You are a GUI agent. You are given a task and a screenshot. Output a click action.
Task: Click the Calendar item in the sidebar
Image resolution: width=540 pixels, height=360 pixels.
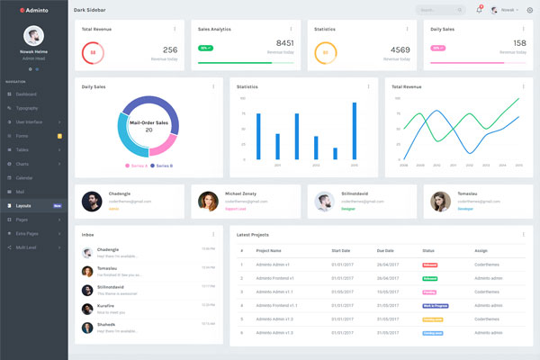pyautogui.click(x=24, y=178)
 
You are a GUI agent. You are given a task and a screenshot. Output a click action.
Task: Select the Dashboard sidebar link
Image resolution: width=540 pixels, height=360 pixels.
pyautogui.click(x=26, y=94)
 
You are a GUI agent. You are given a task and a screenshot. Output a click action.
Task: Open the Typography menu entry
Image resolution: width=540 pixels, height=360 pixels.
pyautogui.click(x=27, y=108)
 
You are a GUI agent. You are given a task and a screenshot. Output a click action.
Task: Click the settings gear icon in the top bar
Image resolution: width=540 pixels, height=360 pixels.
pyautogui.click(x=530, y=10)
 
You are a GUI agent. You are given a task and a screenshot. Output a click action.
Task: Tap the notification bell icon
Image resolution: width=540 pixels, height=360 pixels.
pyautogui.click(x=479, y=10)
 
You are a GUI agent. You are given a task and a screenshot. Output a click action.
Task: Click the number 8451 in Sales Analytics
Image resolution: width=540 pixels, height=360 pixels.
pyautogui.click(x=284, y=42)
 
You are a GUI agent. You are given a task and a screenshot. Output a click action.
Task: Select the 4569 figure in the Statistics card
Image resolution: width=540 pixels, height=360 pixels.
pyautogui.click(x=400, y=50)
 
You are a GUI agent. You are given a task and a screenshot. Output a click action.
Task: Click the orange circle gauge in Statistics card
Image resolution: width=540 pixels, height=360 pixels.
pyautogui.click(x=324, y=52)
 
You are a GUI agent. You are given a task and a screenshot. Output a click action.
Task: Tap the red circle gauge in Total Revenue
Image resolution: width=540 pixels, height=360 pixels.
pyautogui.click(x=92, y=52)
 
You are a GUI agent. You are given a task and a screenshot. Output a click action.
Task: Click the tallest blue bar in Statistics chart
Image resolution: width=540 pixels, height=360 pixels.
pyautogui.click(x=355, y=131)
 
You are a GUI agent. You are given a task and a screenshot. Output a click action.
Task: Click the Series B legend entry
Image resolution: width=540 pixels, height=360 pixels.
pyautogui.click(x=163, y=166)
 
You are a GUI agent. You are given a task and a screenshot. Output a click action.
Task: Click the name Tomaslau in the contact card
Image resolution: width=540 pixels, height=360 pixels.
pyautogui.click(x=466, y=193)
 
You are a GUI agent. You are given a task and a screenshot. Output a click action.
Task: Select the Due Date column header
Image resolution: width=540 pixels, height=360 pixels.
pyautogui.click(x=386, y=250)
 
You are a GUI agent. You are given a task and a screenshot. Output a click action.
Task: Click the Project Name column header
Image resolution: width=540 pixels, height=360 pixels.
pyautogui.click(x=269, y=250)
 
